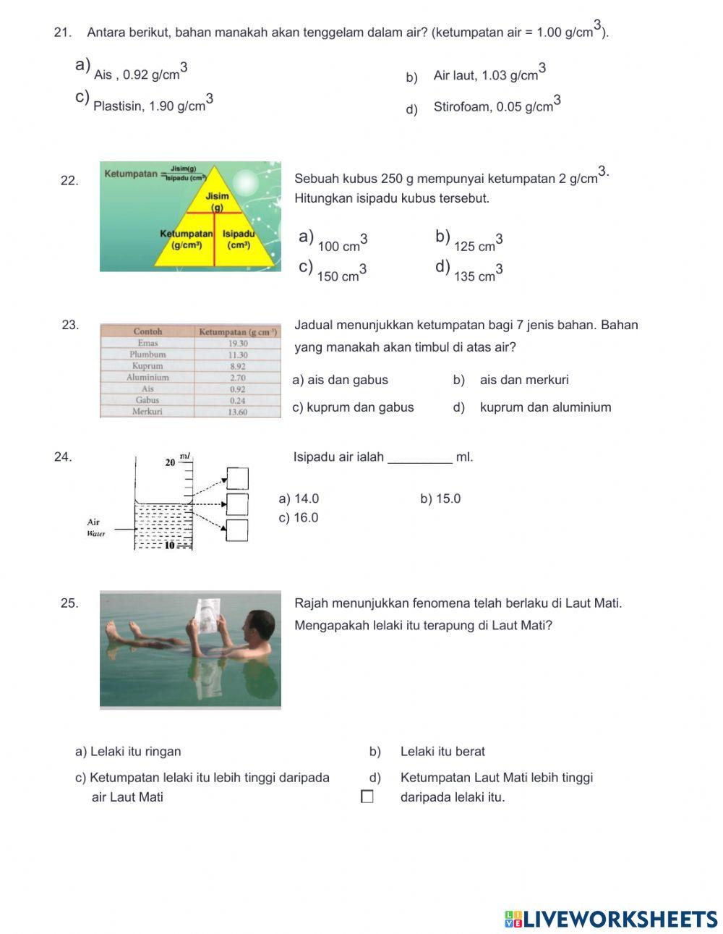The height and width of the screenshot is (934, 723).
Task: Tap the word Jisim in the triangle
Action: (x=217, y=196)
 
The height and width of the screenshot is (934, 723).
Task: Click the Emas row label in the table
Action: (x=147, y=343)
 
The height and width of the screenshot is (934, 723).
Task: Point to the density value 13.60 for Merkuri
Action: (x=238, y=412)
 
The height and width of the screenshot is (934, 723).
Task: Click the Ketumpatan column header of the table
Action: (x=238, y=331)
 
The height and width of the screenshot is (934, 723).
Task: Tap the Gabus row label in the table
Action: (x=147, y=400)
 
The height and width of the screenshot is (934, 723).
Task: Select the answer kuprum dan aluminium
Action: (x=545, y=407)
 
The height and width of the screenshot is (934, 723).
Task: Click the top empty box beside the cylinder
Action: (x=237, y=478)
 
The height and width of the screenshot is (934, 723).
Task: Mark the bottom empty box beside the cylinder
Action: (x=237, y=530)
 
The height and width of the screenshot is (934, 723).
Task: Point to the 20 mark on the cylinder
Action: (x=171, y=462)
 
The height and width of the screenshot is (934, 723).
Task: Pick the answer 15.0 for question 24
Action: (x=440, y=498)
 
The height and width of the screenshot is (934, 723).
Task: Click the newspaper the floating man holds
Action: (x=210, y=616)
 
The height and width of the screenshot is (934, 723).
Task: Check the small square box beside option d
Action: (x=367, y=797)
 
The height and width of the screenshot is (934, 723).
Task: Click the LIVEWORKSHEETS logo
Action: (x=611, y=919)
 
